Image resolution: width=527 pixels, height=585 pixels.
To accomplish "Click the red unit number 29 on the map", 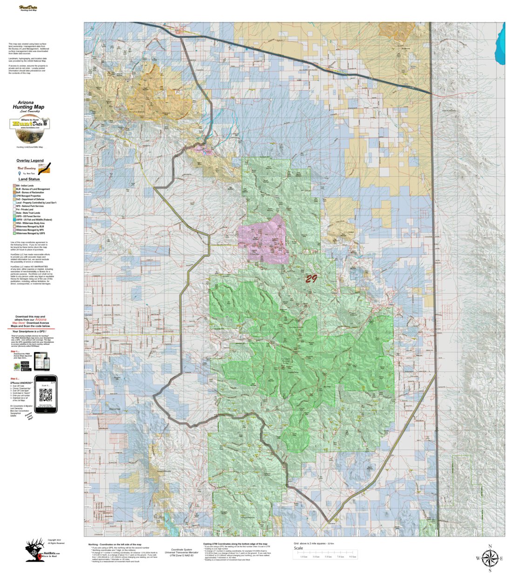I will pyautogui.click(x=311, y=279).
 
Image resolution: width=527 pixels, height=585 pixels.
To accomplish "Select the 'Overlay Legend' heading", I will pyautogui.click(x=30, y=160).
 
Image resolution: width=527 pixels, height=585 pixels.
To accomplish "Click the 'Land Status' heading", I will pyautogui.click(x=29, y=179).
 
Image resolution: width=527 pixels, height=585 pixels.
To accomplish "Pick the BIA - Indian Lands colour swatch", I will pyautogui.click(x=14, y=186).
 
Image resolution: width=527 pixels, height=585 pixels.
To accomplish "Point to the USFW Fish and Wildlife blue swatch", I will pyautogui.click(x=14, y=219).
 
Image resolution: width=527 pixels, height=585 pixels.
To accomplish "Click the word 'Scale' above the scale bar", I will pyautogui.click(x=298, y=548).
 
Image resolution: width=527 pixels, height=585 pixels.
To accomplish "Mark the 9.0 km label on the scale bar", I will pyautogui.click(x=352, y=557).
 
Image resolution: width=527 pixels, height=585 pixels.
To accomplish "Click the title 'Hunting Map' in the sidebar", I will pyautogui.click(x=28, y=107).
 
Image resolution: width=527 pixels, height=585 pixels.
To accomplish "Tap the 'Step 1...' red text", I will pyautogui.click(x=15, y=352).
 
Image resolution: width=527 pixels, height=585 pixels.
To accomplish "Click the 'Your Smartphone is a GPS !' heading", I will pyautogui.click(x=31, y=332).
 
